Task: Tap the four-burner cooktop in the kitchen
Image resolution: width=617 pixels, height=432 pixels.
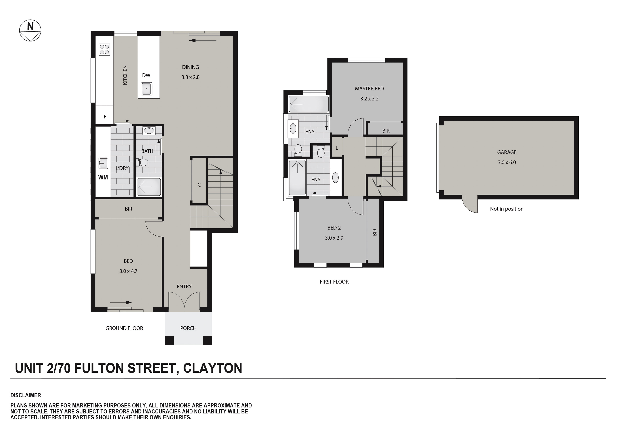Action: [x=104, y=49]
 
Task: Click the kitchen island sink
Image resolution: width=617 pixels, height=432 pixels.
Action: [x=147, y=89]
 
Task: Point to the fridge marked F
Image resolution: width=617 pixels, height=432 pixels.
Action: [x=105, y=117]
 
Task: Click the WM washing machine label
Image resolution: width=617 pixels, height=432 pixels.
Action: [x=103, y=177]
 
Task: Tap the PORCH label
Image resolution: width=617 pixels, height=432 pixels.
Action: [x=188, y=328]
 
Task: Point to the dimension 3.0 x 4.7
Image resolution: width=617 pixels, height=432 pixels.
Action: [x=128, y=271]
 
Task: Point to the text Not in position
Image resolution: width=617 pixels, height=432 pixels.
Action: [x=507, y=209]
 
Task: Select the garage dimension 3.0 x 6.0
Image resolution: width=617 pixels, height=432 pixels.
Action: [x=507, y=162]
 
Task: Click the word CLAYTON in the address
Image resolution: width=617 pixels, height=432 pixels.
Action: [x=212, y=368]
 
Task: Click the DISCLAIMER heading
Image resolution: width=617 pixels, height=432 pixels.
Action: [x=26, y=395]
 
